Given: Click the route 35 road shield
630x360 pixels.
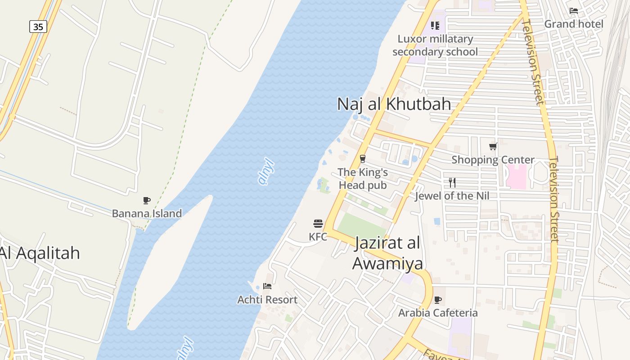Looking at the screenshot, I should pyautogui.click(x=38, y=27).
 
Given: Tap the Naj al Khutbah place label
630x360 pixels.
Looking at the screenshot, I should pyautogui.click(x=394, y=104).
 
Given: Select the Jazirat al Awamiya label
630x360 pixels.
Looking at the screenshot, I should pyautogui.click(x=387, y=253).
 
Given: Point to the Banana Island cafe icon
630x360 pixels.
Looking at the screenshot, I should pyautogui.click(x=146, y=200).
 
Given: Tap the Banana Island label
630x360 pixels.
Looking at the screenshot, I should pyautogui.click(x=147, y=213).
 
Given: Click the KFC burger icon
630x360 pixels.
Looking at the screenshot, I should pyautogui.click(x=318, y=224).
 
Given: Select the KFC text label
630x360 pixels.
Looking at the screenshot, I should pyautogui.click(x=318, y=237).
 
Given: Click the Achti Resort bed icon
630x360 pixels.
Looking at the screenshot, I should pyautogui.click(x=267, y=286).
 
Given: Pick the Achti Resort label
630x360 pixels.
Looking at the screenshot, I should pyautogui.click(x=267, y=300).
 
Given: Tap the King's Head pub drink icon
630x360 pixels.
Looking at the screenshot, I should pyautogui.click(x=362, y=159).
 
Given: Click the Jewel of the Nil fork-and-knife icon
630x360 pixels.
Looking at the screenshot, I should pyautogui.click(x=452, y=182).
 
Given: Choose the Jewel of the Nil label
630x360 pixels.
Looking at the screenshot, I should pyautogui.click(x=452, y=196).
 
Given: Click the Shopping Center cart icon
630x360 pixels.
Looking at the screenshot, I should pyautogui.click(x=493, y=146).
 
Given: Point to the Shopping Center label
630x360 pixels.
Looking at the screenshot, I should pyautogui.click(x=493, y=160).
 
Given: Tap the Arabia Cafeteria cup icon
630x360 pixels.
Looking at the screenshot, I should pyautogui.click(x=437, y=300).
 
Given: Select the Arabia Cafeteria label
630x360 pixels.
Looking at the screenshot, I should pyautogui.click(x=438, y=313).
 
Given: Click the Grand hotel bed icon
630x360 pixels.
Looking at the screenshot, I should pyautogui.click(x=574, y=11).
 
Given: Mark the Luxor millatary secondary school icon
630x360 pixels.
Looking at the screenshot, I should pyautogui.click(x=435, y=26).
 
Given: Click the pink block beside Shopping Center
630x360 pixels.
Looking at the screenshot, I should pyautogui.click(x=517, y=176).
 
